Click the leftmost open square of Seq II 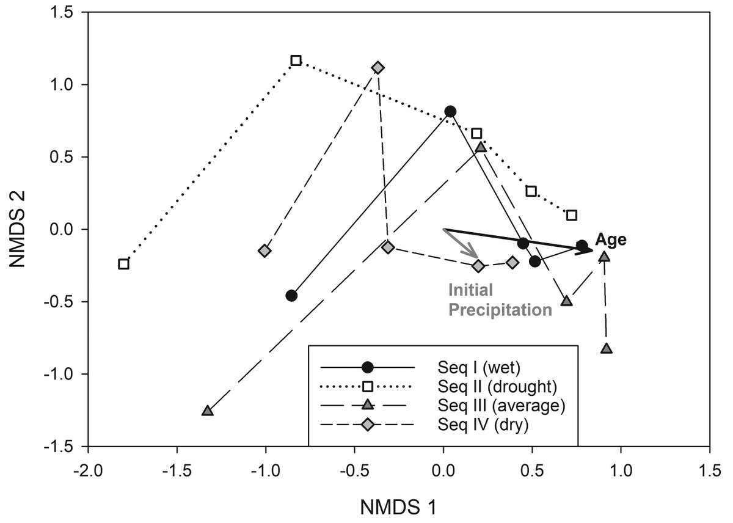click(x=123, y=264)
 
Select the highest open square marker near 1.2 click(x=296, y=60)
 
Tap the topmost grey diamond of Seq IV click(x=378, y=67)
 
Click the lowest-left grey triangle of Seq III click(x=208, y=411)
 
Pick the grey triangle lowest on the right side click(x=606, y=349)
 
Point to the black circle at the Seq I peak click(x=450, y=111)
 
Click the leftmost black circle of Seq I click(x=291, y=296)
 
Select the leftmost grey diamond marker click(x=264, y=251)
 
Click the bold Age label click(x=611, y=240)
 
